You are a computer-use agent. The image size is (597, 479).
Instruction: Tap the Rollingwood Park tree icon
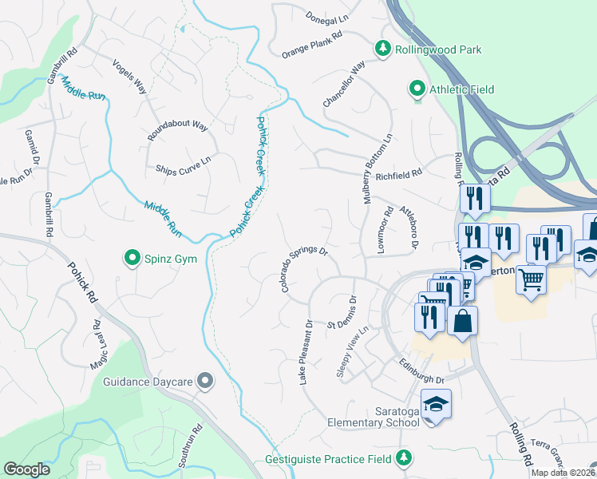[x=384, y=49]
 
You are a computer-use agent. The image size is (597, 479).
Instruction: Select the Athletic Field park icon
[x=416, y=89]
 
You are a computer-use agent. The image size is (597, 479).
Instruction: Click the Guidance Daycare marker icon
[x=205, y=382]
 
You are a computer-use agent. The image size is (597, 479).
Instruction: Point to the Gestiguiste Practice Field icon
[x=405, y=458]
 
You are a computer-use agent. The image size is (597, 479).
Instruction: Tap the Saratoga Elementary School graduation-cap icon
[x=436, y=406]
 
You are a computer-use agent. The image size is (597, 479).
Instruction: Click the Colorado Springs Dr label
[x=304, y=268]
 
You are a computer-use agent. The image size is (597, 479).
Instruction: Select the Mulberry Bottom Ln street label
[x=378, y=169]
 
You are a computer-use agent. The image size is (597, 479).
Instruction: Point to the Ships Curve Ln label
[x=183, y=164]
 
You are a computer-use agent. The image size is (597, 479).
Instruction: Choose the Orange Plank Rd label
[x=311, y=45]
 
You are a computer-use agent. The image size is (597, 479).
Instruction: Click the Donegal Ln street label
[x=328, y=18]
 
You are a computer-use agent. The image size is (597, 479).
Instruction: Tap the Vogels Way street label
[x=129, y=77]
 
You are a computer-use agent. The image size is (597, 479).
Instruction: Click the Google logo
[x=26, y=469]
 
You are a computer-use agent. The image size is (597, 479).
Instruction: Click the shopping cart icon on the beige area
[x=532, y=279]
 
